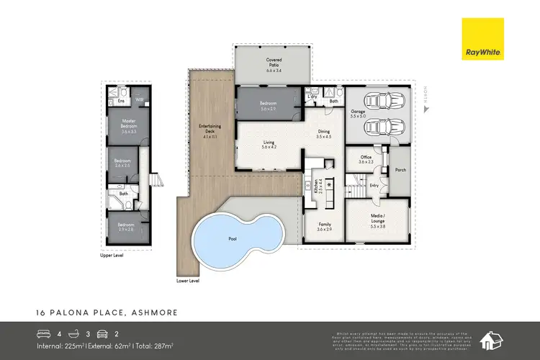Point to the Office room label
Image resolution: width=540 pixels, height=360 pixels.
click(x=366, y=159)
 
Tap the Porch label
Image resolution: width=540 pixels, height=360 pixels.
click(x=399, y=171)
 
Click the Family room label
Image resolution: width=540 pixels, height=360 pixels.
click(x=324, y=226)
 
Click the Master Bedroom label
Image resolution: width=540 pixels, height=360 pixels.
click(x=128, y=127)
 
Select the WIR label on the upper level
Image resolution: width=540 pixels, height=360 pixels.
click(x=140, y=101)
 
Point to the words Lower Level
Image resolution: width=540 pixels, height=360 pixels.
click(x=188, y=281)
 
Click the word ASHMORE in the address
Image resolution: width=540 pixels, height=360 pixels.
click(x=154, y=312)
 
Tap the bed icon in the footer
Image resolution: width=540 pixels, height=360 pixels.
click(x=43, y=333)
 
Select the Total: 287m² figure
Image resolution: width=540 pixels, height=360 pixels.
click(x=152, y=347)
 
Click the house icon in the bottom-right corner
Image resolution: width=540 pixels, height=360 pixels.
click(x=494, y=339)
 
